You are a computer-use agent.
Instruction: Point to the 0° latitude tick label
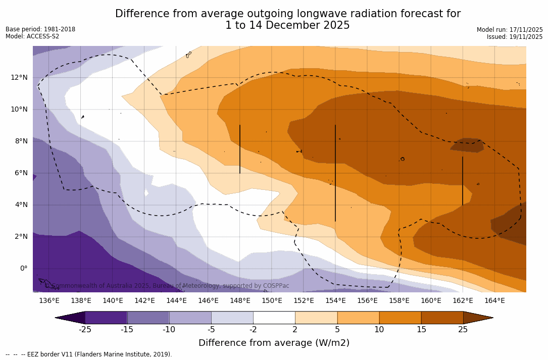(x=23, y=268)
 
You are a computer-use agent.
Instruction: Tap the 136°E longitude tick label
(x=49, y=300)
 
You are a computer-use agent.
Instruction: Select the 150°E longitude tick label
(x=272, y=300)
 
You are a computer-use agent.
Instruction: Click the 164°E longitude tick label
(x=494, y=300)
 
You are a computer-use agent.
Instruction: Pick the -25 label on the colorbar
(x=85, y=330)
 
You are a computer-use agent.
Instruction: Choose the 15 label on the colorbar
(x=421, y=330)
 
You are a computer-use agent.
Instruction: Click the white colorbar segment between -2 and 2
(x=274, y=318)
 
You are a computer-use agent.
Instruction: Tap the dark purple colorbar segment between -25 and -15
(x=106, y=318)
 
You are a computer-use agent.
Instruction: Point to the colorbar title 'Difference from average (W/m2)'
(x=274, y=343)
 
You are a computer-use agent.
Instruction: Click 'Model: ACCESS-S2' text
(x=32, y=36)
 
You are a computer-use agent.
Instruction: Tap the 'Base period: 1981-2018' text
(x=40, y=29)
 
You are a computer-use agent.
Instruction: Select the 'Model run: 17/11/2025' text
(x=510, y=30)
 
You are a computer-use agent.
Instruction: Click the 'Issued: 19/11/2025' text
(x=515, y=37)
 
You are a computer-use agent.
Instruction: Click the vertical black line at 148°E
(x=240, y=149)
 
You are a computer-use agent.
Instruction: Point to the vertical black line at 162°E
(x=463, y=181)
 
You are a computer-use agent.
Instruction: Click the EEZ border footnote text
(x=89, y=354)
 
